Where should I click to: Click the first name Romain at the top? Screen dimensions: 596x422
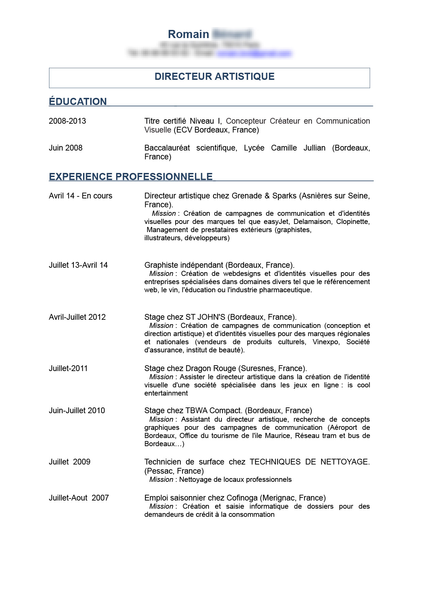coord(188,34)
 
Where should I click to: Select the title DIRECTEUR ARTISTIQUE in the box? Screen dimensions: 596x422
coord(214,76)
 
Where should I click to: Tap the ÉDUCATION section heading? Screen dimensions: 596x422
coord(78,102)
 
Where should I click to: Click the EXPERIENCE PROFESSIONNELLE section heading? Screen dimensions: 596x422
coord(131,177)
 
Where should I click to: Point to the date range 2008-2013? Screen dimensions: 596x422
coord(67,121)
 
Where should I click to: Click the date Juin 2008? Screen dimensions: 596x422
coord(66,148)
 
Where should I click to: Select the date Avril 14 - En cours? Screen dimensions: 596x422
coord(80,196)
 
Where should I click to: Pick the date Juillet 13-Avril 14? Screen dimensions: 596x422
coord(78,265)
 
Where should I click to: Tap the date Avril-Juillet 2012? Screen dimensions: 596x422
coord(77,317)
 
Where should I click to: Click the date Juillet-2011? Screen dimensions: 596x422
coord(68,368)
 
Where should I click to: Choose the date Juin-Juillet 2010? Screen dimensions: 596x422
coord(77,410)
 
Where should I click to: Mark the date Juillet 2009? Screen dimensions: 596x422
coord(69,462)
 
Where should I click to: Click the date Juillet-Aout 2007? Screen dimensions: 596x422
coord(79,498)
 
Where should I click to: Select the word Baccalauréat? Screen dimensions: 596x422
coord(167,148)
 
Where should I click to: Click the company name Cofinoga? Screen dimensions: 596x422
coord(242,498)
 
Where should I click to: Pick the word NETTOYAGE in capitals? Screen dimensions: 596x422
coord(345,462)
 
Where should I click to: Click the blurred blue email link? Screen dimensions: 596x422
coord(255,53)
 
